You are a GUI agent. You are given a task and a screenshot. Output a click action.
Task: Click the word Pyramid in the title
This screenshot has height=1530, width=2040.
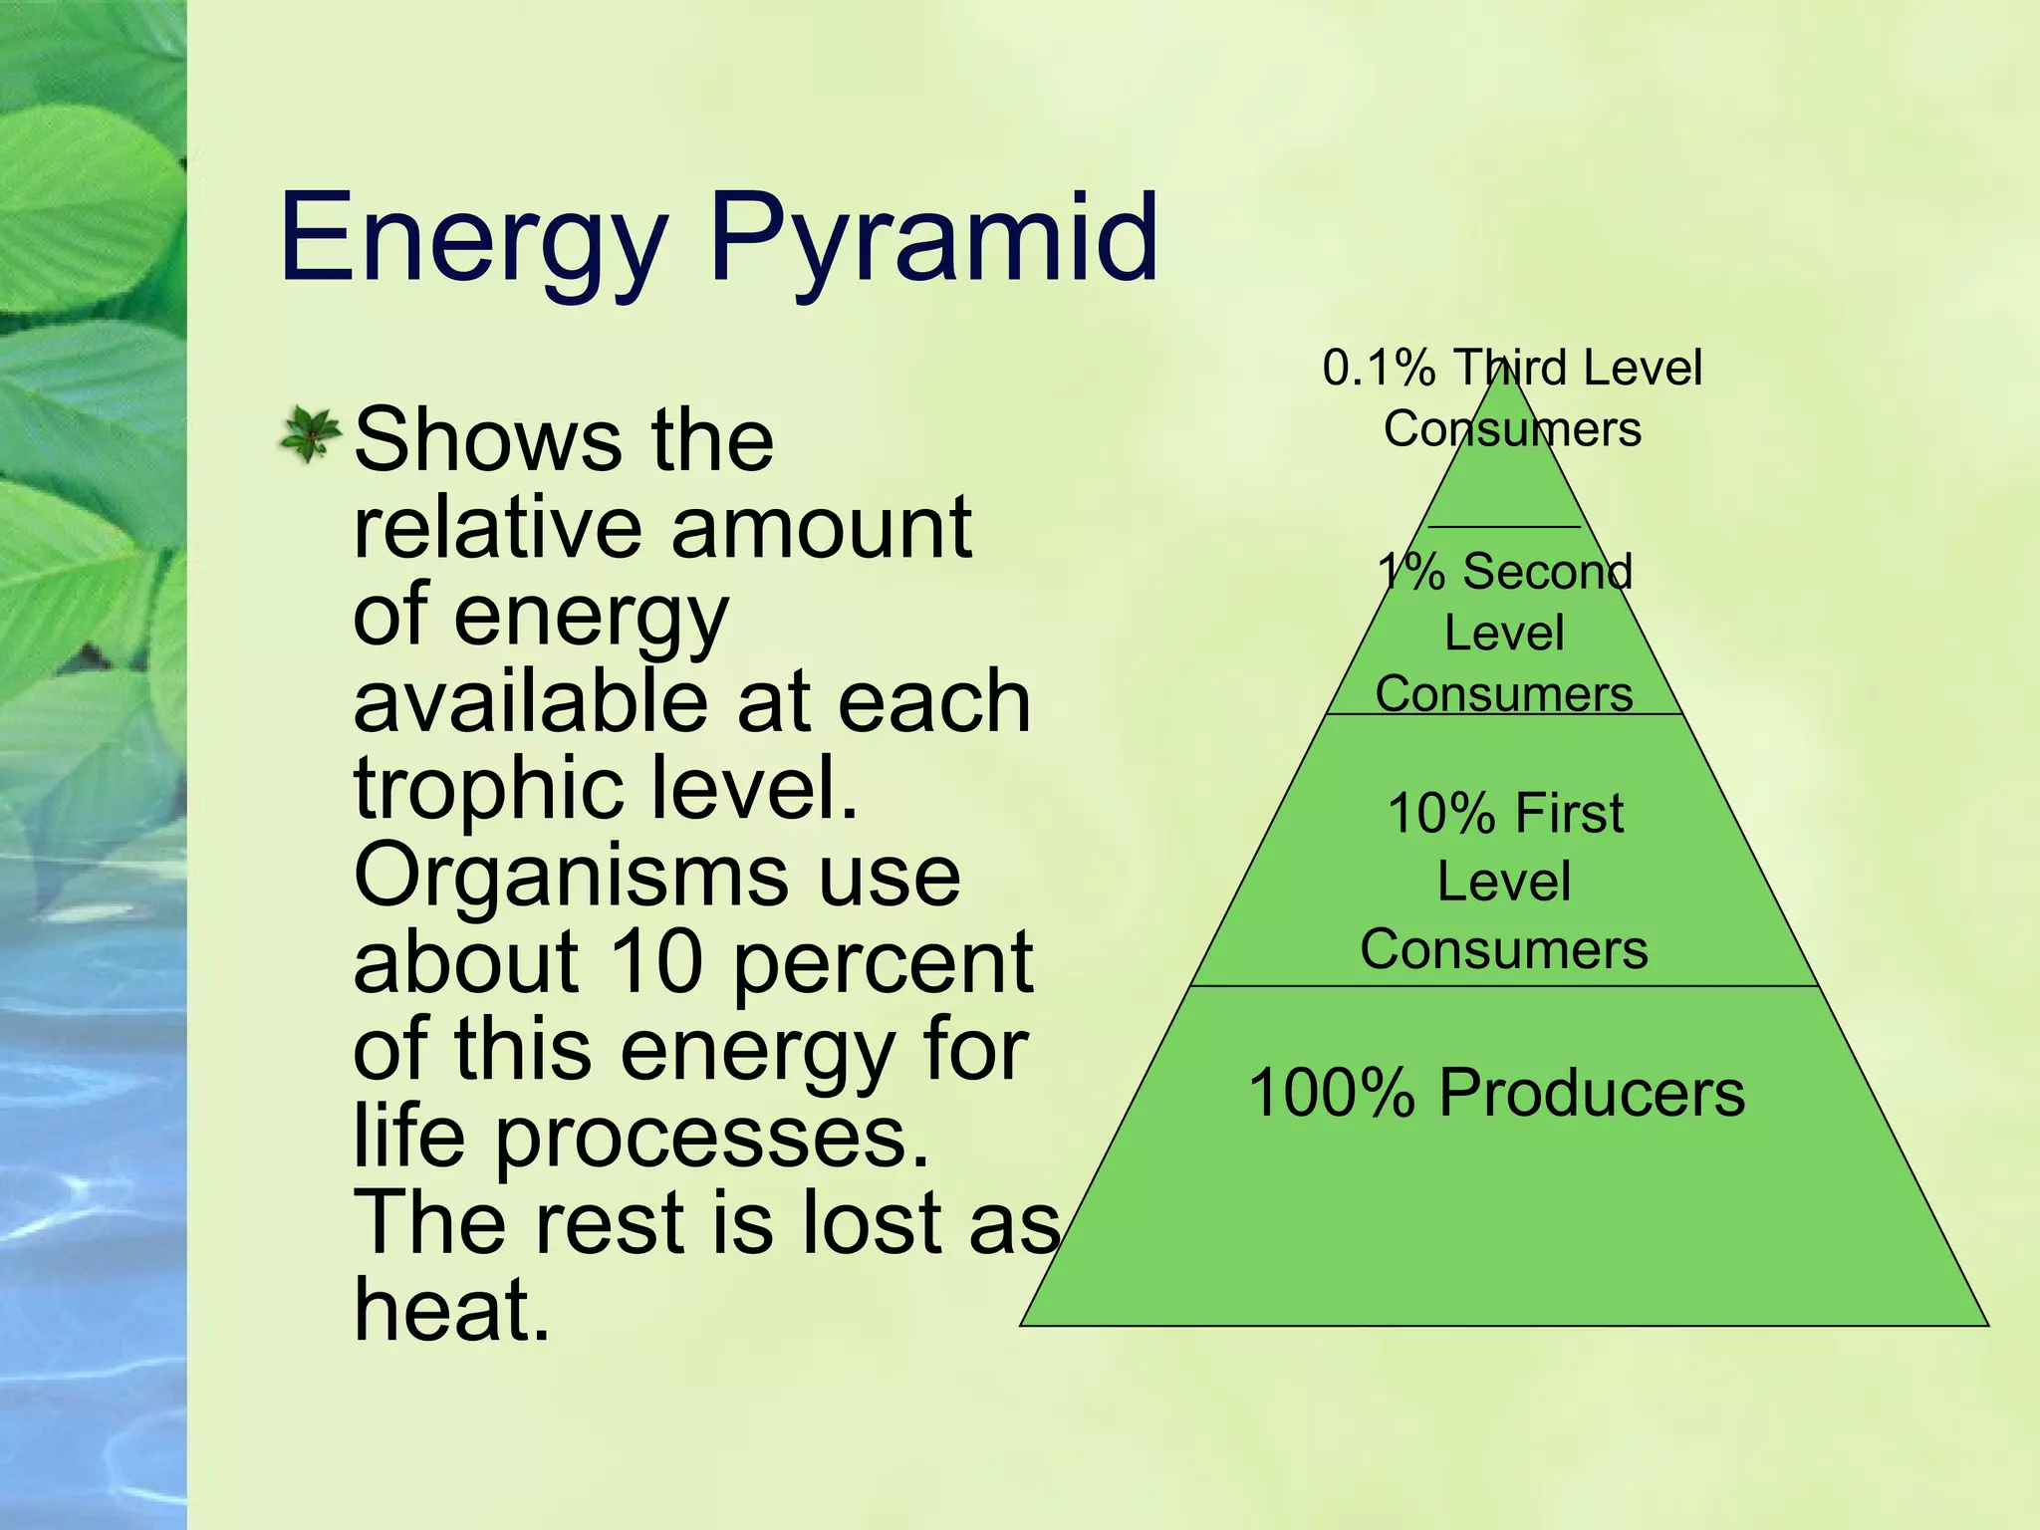click(933, 239)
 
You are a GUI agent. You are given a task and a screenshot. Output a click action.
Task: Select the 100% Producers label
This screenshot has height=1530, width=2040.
click(1496, 1093)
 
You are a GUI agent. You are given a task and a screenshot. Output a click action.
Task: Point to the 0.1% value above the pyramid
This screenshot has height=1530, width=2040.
click(1378, 368)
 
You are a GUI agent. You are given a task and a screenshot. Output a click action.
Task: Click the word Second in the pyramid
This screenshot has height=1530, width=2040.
click(1547, 572)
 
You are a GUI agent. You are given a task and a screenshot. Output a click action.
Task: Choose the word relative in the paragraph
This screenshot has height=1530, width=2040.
click(495, 527)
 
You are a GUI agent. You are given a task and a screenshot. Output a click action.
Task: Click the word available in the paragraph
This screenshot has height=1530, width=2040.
click(531, 701)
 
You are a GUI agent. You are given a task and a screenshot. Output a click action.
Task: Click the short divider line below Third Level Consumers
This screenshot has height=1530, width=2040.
click(1504, 526)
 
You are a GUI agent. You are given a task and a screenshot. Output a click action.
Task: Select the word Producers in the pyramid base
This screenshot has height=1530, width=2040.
click(1592, 1093)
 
